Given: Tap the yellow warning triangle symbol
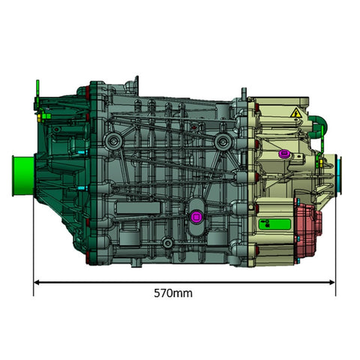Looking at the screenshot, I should (296, 113).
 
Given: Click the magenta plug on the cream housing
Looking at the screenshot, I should (283, 154).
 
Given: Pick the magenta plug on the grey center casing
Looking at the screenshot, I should (196, 217).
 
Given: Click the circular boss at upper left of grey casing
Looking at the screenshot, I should (112, 140).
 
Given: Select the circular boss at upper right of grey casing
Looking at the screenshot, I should (221, 141).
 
